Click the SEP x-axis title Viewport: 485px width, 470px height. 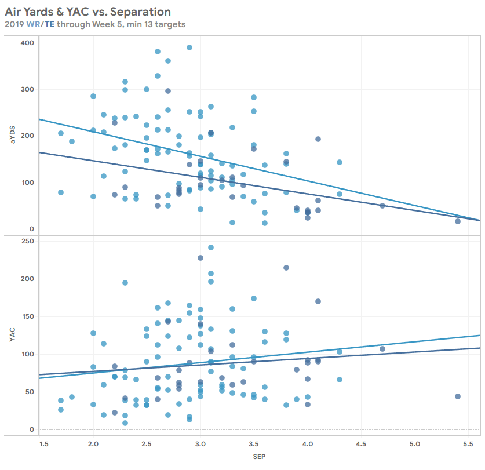pyautogui.click(x=259, y=457)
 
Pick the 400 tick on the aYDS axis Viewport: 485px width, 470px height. pyautogui.click(x=27, y=43)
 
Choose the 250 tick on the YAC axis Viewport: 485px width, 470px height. pyautogui.click(x=27, y=241)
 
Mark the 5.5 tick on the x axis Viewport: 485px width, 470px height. pyautogui.click(x=469, y=444)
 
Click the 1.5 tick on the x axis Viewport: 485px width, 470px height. pyautogui.click(x=44, y=444)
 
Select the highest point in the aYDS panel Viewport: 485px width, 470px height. pyautogui.click(x=189, y=48)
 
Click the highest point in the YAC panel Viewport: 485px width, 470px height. pyautogui.click(x=211, y=247)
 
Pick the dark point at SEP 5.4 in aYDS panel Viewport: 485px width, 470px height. pyautogui.click(x=458, y=221)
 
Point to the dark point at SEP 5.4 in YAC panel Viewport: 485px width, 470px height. pyautogui.click(x=458, y=396)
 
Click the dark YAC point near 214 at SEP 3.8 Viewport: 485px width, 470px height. pyautogui.click(x=286, y=268)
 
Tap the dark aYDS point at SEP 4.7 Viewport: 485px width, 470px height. pyautogui.click(x=382, y=206)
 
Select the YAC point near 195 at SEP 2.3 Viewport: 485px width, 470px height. pyautogui.click(x=125, y=283)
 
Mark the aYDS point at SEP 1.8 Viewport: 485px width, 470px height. pyautogui.click(x=72, y=141)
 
